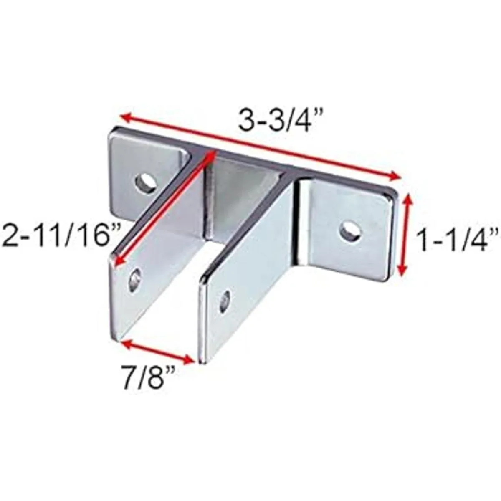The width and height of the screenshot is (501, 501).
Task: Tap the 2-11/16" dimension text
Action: pos(60,236)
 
